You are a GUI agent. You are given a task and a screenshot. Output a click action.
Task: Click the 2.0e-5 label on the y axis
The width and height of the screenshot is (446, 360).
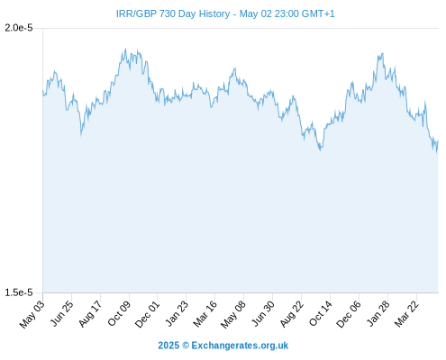tap(19, 28)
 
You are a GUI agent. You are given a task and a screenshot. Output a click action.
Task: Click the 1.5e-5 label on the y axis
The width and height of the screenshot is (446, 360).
tap(19, 292)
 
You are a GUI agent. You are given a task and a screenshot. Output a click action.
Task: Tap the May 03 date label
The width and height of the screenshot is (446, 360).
tap(32, 314)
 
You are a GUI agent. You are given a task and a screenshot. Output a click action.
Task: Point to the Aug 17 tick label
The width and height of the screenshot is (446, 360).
tap(90, 314)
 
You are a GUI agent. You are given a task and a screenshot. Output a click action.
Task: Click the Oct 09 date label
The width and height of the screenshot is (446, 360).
tap(119, 314)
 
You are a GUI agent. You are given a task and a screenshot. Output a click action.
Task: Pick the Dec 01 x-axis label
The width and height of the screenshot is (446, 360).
tap(147, 314)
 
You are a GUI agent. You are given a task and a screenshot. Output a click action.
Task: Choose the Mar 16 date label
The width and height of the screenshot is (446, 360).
tap(205, 314)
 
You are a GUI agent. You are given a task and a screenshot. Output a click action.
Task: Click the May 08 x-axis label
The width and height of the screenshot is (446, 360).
tap(233, 314)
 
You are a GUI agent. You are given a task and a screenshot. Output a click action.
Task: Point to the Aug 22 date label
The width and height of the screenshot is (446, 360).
tap(292, 314)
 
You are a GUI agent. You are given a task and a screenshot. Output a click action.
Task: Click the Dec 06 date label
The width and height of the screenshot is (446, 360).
tap(349, 314)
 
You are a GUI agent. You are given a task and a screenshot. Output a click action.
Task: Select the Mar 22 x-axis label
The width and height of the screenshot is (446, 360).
tap(406, 314)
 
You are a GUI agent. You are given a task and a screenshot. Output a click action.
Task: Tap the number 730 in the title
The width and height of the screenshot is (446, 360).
tap(168, 13)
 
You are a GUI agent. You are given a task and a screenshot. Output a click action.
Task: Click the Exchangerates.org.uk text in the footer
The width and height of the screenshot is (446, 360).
tap(240, 346)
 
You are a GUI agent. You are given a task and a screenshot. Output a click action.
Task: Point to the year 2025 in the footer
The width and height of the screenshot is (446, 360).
tap(168, 346)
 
